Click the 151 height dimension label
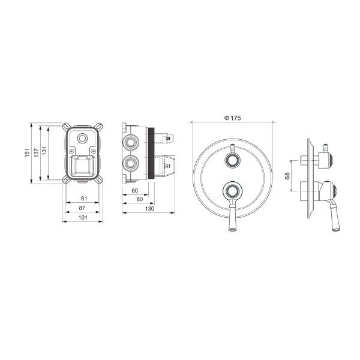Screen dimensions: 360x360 (x=26, y=153)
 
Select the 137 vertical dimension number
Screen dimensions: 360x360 (x=36, y=153)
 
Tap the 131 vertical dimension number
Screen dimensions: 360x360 (x=45, y=153)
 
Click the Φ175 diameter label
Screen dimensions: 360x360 (x=232, y=119)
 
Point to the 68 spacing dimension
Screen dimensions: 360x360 (x=287, y=176)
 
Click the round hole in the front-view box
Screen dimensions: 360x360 (x=82, y=140)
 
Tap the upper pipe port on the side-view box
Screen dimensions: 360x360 (x=130, y=142)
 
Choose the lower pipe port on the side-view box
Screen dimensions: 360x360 (x=130, y=163)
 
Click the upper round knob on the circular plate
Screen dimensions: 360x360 (x=232, y=160)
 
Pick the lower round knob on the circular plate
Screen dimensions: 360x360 (x=232, y=191)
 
